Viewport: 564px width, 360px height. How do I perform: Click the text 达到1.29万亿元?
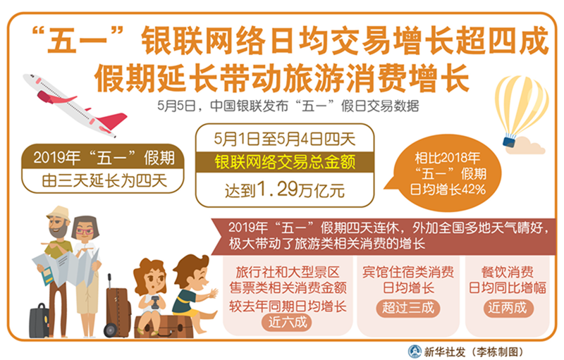click(x=285, y=190)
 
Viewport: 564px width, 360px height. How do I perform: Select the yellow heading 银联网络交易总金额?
click(x=285, y=162)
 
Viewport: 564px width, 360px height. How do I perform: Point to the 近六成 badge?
click(x=288, y=322)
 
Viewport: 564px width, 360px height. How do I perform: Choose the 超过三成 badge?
click(x=408, y=308)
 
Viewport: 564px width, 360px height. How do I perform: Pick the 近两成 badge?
click(x=507, y=308)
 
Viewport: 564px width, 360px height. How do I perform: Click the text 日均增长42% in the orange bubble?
click(x=448, y=190)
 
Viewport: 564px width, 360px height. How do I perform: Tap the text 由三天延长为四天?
click(x=104, y=181)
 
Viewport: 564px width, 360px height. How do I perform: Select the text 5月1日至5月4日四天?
click(x=285, y=139)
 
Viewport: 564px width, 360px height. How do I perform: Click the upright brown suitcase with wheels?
click(x=117, y=307)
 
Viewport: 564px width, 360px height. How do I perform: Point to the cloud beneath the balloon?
click(x=526, y=147)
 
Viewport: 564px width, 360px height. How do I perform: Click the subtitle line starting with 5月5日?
click(x=288, y=106)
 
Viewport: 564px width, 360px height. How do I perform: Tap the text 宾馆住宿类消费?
click(x=408, y=272)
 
